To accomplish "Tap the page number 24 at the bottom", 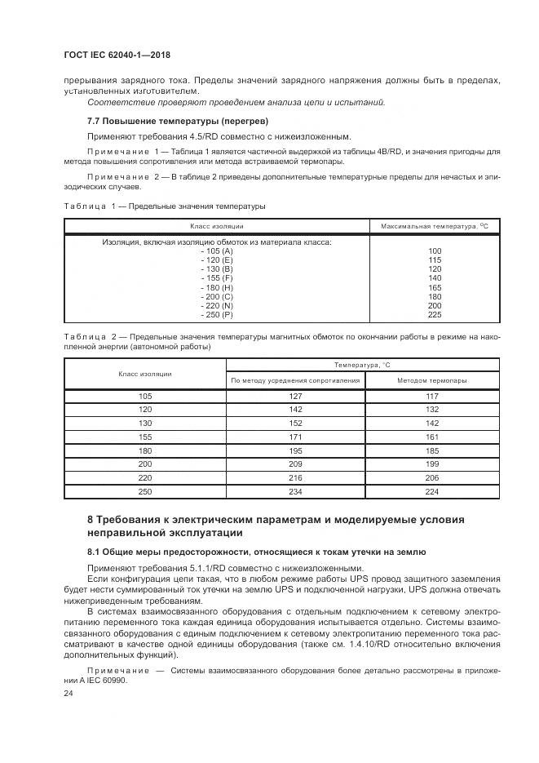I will tap(68, 693).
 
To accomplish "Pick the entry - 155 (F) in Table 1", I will tap(216, 277).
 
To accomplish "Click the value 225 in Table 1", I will tap(434, 313).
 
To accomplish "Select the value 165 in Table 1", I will tap(434, 286).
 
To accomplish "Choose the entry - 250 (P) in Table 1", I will tap(216, 313).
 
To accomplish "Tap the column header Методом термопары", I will tap(431, 380).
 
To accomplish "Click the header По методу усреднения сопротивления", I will tap(295, 380).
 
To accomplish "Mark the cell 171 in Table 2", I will tap(295, 437).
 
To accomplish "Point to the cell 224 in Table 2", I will tap(431, 491).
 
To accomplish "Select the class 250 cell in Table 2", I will tap(145, 491).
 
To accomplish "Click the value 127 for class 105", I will tap(295, 397).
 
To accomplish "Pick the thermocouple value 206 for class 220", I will tap(431, 477).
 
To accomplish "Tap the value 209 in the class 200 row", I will tap(295, 464).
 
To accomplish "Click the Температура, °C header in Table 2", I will tap(362, 365).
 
